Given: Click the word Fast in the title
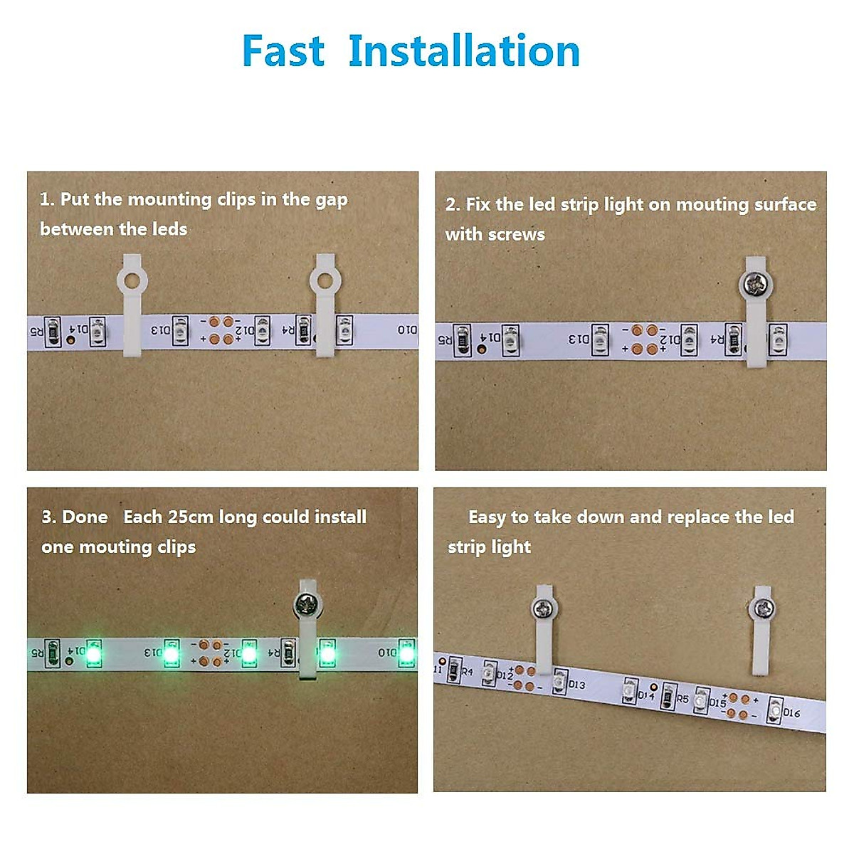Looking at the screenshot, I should click(x=283, y=51).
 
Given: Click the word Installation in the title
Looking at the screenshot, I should click(x=464, y=51).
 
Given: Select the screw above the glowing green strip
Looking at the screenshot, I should click(x=307, y=606).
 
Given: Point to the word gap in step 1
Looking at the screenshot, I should click(x=331, y=200).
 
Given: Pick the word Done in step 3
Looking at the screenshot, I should click(x=85, y=517).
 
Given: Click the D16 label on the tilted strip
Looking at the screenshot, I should click(x=791, y=712).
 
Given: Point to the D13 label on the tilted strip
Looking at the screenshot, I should click(x=576, y=685).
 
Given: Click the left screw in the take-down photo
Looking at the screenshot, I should click(x=544, y=609).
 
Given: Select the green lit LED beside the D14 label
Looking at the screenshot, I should click(x=93, y=652).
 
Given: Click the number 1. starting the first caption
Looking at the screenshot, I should click(x=47, y=200).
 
